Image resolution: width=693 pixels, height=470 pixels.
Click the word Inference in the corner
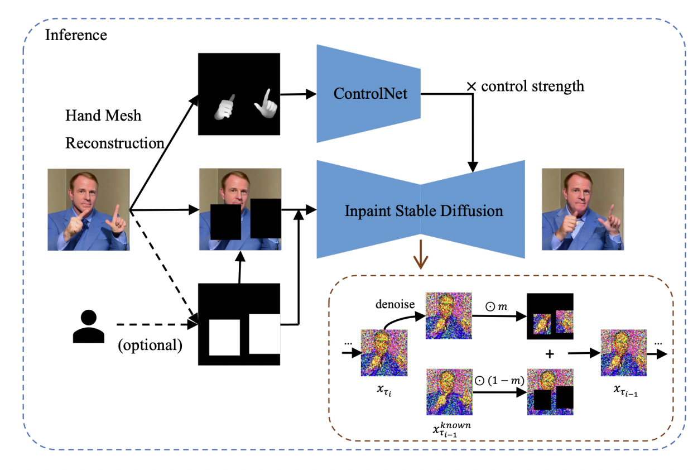point(76,35)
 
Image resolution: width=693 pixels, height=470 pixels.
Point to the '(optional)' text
point(150,344)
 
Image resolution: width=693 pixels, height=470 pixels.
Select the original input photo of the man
point(89,209)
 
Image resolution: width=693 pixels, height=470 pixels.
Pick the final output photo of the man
point(583,209)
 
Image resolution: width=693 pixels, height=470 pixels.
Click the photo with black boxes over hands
point(240,209)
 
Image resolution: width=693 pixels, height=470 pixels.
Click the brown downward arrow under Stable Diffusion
point(420,261)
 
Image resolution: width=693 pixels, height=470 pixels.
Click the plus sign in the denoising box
point(549,354)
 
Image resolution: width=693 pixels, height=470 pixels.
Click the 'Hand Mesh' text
point(103,116)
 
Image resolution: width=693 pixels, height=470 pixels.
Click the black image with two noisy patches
point(550,316)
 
